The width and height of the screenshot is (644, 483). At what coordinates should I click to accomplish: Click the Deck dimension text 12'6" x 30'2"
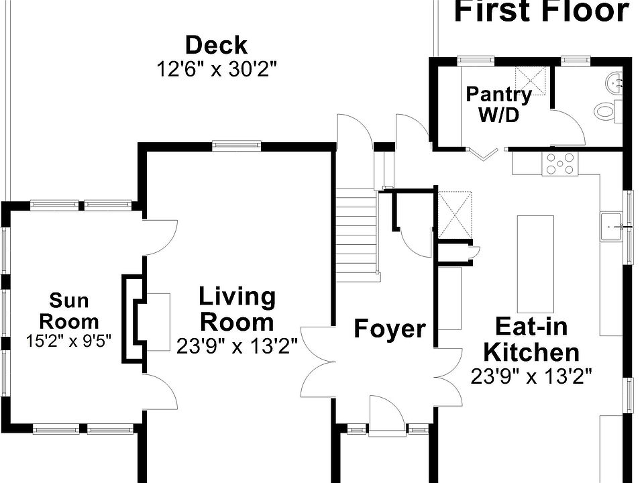217,69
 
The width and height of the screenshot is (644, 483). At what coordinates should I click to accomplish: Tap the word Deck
217,45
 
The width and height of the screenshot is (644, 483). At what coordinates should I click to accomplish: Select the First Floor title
541,11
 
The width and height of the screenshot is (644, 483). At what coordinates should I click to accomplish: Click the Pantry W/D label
498,105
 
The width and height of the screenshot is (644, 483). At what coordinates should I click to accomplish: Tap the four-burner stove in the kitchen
559,164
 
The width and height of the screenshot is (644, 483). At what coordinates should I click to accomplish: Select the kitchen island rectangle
535,264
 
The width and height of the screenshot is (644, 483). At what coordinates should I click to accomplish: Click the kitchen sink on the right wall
611,226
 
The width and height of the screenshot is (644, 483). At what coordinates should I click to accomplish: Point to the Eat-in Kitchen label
531,339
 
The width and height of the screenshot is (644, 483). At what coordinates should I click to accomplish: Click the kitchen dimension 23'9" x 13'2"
531,376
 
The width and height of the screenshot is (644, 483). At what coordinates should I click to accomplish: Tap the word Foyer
390,329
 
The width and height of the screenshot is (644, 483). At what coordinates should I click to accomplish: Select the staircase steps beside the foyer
356,235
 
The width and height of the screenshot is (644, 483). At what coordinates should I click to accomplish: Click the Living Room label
237,309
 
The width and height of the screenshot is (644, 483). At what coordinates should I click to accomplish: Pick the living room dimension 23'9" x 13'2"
237,346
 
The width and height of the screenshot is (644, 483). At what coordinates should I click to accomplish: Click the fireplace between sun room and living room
134,319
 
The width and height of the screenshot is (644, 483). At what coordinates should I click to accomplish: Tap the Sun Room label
69,311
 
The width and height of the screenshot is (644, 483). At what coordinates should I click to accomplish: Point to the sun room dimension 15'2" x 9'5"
68,341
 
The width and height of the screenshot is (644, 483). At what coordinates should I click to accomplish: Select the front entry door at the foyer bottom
386,415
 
